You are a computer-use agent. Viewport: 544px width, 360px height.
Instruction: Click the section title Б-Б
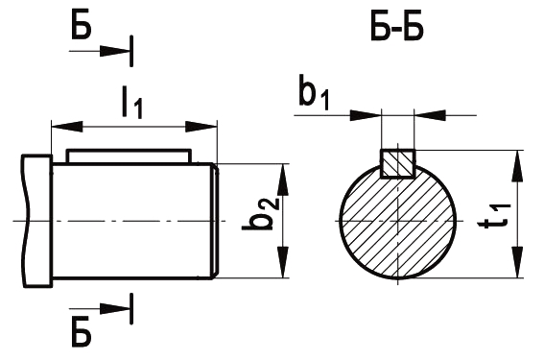point(397,28)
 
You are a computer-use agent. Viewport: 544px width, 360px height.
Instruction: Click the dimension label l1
point(132,103)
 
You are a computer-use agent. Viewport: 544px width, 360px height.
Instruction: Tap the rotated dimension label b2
point(260,214)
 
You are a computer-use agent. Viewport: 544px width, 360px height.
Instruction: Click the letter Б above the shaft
point(82,26)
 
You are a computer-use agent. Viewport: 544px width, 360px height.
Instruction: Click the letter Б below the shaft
point(82,335)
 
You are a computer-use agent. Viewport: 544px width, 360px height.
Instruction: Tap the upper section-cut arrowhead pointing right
point(115,52)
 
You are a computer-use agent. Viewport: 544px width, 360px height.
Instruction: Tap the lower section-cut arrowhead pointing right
point(115,308)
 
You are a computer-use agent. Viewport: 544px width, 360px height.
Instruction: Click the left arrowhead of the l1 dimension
point(67,127)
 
